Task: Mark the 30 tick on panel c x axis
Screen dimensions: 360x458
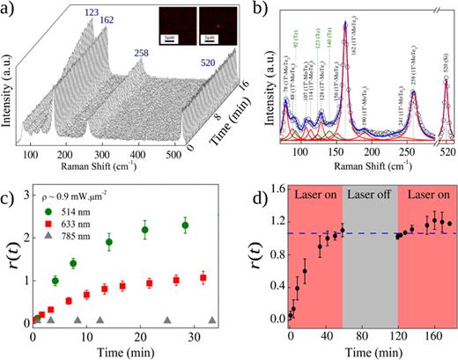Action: tap(193, 335)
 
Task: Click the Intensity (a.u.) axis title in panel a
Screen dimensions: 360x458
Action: tap(11, 88)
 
